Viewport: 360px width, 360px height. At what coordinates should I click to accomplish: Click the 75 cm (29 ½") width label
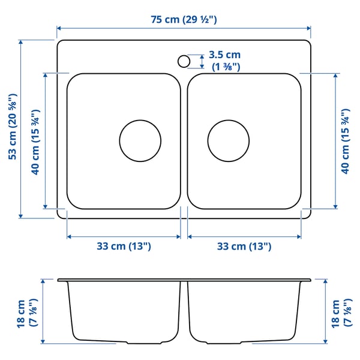click(x=184, y=20)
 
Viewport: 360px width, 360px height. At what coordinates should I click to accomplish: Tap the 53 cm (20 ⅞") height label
click(x=11, y=128)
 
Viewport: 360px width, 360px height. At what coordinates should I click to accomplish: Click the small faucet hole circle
click(x=184, y=61)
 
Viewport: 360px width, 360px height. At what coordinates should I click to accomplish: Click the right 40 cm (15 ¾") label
click(x=344, y=142)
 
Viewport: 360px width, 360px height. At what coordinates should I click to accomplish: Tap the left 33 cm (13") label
click(x=124, y=246)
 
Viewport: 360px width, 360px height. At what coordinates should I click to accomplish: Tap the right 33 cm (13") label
click(x=244, y=246)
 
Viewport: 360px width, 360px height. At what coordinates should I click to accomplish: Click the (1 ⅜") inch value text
click(x=226, y=67)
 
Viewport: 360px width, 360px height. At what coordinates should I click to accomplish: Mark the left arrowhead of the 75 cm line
click(x=59, y=28)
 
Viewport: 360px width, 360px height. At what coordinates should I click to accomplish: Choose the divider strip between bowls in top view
click(x=184, y=141)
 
